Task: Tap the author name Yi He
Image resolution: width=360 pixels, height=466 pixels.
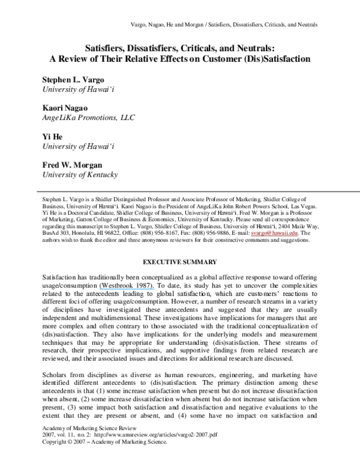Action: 53,136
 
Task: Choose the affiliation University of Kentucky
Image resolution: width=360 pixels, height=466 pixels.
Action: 79,175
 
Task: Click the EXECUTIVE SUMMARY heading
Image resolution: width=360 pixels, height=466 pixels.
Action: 179,261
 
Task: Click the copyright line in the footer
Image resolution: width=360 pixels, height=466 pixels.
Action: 103,458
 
